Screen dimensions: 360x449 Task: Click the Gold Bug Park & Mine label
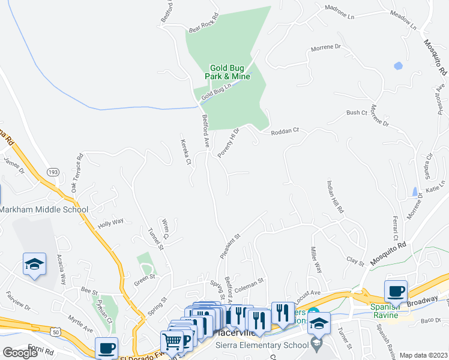(229, 73)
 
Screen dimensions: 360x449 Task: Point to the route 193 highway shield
(53, 172)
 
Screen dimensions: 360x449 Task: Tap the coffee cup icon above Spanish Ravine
(396, 292)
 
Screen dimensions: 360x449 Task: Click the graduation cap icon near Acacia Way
(34, 263)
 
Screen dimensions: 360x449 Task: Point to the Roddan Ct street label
(285, 131)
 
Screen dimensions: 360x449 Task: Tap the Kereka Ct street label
(185, 152)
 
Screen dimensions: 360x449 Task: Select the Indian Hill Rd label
(334, 197)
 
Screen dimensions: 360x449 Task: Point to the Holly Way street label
(110, 222)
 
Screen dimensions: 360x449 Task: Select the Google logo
(20, 353)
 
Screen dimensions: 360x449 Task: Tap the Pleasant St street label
(230, 247)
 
